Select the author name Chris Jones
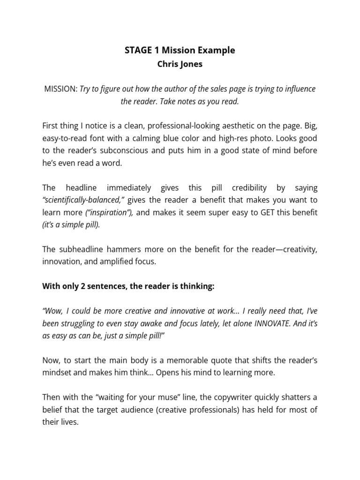click(x=180, y=64)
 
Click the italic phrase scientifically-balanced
click(x=82, y=200)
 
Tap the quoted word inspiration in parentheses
click(x=109, y=212)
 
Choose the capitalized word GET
click(x=254, y=212)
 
